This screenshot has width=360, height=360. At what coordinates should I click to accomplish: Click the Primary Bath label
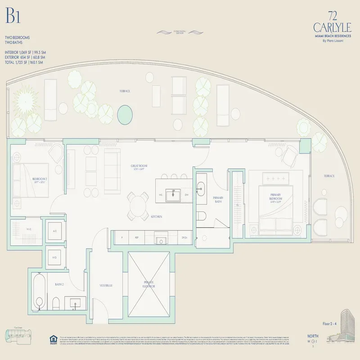(x=218, y=200)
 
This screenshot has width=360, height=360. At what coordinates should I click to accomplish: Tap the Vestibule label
(x=106, y=285)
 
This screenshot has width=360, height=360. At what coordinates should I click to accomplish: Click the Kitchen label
(x=157, y=217)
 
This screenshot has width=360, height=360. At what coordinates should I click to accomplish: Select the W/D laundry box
(x=54, y=258)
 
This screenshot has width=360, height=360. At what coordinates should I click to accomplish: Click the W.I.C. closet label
(x=29, y=229)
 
